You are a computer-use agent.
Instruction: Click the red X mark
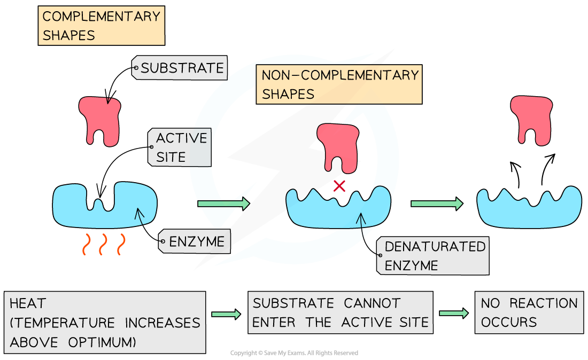point(339,186)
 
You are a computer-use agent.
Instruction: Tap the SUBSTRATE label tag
point(181,68)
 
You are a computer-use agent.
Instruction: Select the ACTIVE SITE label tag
point(180,147)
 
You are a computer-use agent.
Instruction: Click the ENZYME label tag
point(195,242)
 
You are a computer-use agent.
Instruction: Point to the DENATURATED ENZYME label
point(434,256)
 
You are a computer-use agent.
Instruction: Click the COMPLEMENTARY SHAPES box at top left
point(101,26)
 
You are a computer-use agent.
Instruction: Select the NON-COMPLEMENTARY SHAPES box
point(339,84)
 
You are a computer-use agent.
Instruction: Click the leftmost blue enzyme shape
point(105,205)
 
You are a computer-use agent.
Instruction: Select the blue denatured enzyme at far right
point(529,207)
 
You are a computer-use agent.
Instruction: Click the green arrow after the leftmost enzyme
point(223,204)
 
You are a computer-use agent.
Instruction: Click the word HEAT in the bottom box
point(28,304)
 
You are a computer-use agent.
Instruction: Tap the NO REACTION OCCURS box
point(529,312)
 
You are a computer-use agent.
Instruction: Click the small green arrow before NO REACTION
point(454,313)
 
